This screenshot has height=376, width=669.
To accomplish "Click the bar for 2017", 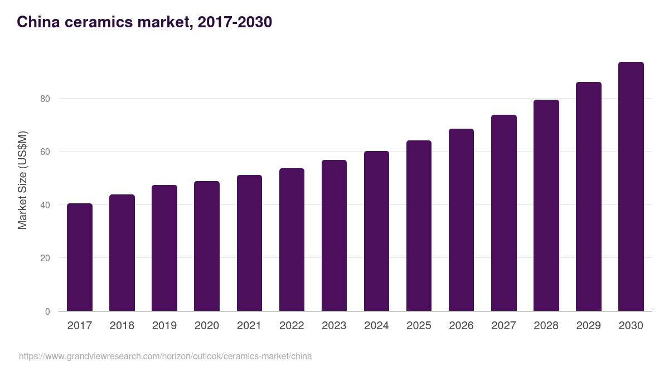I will (80, 257).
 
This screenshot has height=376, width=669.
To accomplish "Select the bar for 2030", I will (631, 187).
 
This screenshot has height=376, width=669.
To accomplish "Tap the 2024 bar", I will (376, 231).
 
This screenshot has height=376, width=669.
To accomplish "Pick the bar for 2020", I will (207, 246).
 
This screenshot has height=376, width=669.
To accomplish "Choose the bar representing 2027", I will (504, 213).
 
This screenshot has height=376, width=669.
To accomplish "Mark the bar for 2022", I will (292, 240).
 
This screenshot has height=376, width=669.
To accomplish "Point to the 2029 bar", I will (589, 197).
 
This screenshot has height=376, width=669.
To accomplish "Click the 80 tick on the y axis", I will (45, 99).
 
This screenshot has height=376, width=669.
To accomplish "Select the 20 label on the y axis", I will (45, 258).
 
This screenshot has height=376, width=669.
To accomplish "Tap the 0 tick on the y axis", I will (47, 311).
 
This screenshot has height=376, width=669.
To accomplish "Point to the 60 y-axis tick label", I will (45, 152).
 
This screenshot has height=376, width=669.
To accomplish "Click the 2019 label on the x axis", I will (164, 326).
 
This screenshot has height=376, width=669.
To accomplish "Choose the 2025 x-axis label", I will (419, 326).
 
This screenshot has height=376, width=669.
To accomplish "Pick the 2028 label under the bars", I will (546, 326).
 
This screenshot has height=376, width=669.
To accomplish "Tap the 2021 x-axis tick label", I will (249, 326).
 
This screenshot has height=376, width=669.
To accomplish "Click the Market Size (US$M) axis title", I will (22, 180).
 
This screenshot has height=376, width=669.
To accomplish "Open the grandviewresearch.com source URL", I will (165, 356).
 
